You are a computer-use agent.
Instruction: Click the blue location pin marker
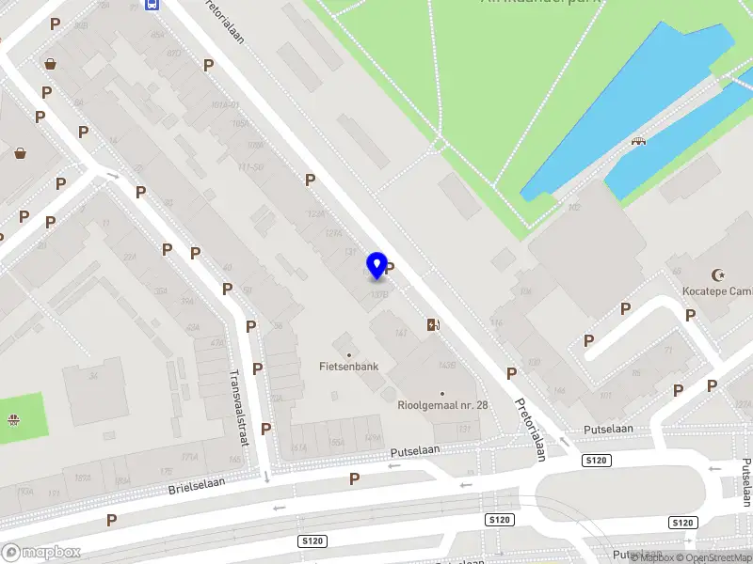tap(377, 265)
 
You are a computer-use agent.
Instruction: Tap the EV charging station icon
tap(433, 324)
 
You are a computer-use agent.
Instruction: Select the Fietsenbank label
tap(348, 366)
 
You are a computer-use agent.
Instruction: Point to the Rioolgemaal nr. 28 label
tap(441, 405)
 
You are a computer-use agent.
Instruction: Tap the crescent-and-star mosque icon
tap(721, 274)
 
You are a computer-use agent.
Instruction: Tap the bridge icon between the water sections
tap(639, 141)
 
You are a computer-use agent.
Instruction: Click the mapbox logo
tap(41, 552)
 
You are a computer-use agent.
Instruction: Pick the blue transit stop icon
tap(152, 4)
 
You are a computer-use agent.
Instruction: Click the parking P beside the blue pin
tap(390, 269)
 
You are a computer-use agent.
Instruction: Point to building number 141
tap(402, 334)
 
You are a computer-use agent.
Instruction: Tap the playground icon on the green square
tap(14, 420)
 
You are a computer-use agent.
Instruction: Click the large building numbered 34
tap(93, 378)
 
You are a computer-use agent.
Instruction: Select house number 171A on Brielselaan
tap(189, 457)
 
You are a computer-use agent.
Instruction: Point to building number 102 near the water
tap(573, 206)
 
